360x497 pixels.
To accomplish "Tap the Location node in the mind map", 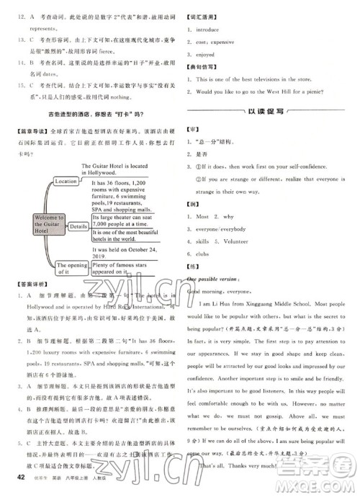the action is [66, 182].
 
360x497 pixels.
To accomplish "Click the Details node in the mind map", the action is [78, 226].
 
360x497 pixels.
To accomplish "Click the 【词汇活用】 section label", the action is [205, 14].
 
